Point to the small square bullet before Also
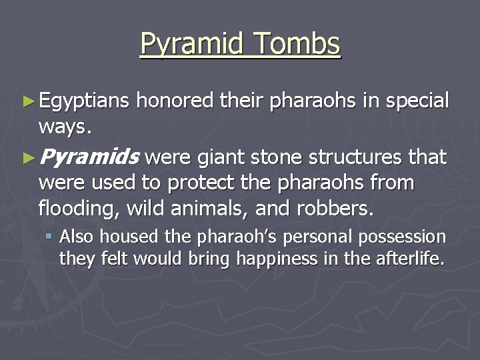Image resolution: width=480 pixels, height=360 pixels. click(50, 236)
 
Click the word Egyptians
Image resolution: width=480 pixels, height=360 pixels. click(85, 101)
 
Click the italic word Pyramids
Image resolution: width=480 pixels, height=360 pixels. click(89, 158)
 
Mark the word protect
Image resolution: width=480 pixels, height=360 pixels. click(199, 183)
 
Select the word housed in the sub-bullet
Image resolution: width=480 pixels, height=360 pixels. click(123, 237)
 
